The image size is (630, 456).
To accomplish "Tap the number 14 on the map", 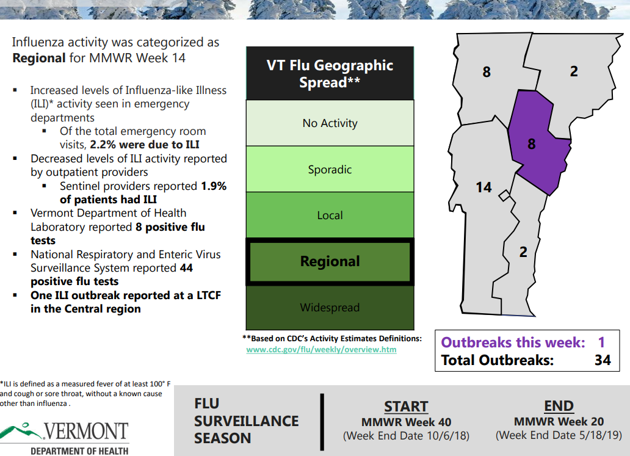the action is pos(483,187).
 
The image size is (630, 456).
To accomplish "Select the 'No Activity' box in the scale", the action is pos(330,123).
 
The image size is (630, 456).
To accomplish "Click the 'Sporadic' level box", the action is pos(330,169).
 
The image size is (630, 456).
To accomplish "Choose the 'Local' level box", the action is pos(330,215).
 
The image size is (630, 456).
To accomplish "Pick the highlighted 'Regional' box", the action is pos(330,261).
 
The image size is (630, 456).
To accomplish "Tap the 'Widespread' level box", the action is pos(330,308).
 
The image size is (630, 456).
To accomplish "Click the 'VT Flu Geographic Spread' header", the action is pos(330,73).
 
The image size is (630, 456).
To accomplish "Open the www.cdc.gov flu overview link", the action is pos(322,350).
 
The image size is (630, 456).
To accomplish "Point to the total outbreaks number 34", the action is pos(603,360).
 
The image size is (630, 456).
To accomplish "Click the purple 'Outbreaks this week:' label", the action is pos(513,342).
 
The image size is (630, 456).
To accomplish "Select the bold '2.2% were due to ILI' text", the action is pos(145,145).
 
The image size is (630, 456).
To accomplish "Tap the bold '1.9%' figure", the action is pos(214,186).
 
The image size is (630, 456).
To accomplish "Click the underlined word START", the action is pos(406,407).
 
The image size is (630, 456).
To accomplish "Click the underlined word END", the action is pos(559,406).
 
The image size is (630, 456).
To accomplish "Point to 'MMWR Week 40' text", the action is pos(406,422).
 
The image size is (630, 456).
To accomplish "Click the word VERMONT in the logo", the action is pos(86,431).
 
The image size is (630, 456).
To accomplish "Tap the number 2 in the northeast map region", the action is pos(574,71).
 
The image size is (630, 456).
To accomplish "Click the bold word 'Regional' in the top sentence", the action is pos(39,58).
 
